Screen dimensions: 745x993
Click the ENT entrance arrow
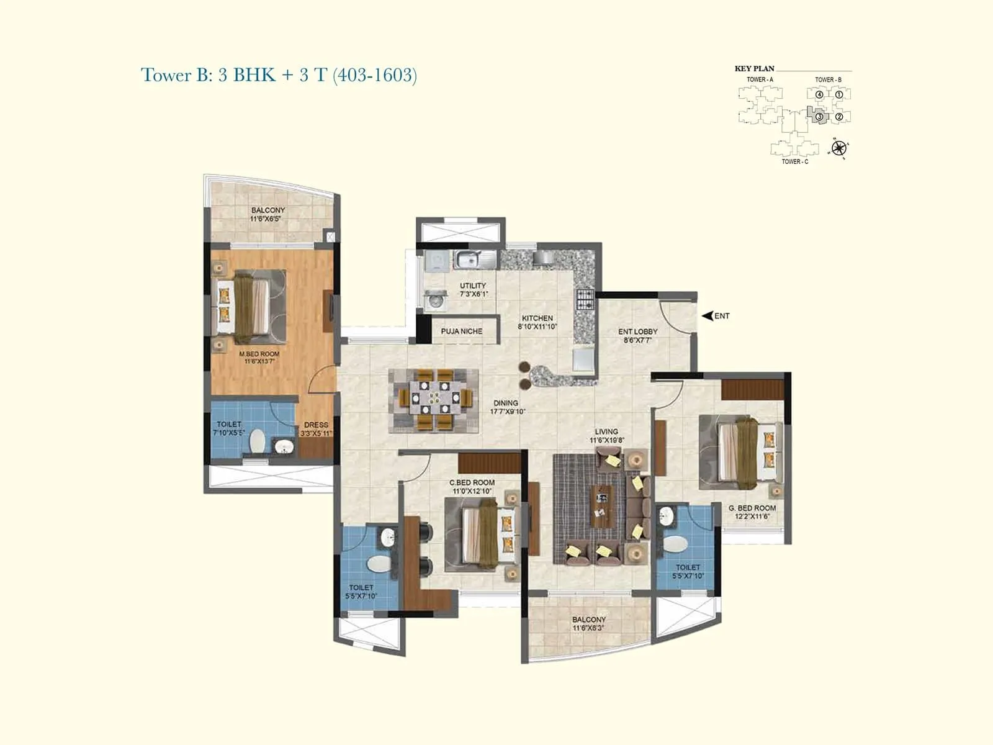pos(708,316)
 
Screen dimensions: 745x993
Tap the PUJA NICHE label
pos(461,332)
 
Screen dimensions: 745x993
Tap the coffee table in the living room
pos(601,502)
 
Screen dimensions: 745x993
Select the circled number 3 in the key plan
pos(819,116)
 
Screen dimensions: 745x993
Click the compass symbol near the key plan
pos(839,148)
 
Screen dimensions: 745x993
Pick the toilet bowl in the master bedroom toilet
pos(257,442)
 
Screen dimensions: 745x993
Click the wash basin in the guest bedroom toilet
pos(666,516)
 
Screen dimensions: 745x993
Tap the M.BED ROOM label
pos(259,354)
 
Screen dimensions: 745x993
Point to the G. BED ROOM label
pos(752,508)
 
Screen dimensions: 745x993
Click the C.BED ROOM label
pos(472,482)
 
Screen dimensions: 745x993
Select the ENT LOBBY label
pos(637,332)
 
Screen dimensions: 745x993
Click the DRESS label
pos(316,425)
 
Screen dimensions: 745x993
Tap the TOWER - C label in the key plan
pos(795,162)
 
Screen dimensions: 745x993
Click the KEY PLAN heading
pos(754,69)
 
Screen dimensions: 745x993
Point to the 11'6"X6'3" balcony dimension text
pos(588,628)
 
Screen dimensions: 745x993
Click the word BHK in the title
pos(254,75)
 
